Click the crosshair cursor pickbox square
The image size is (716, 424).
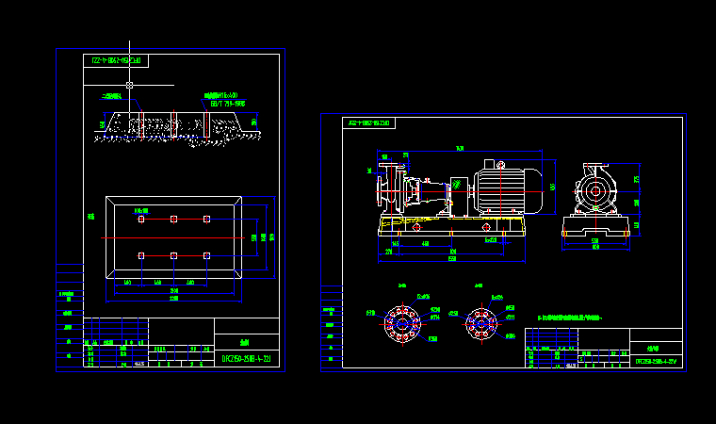129,85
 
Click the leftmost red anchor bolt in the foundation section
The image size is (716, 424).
140,126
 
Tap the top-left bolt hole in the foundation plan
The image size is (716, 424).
140,219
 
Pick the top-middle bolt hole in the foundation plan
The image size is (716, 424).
173,219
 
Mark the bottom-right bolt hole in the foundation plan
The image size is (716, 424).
206,255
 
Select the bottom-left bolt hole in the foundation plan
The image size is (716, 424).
140,255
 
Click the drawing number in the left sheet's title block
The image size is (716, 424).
246,359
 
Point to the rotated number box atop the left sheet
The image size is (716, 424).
116,61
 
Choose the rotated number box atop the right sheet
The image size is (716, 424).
370,123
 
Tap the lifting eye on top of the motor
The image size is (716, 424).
490,163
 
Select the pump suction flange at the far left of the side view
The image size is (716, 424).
381,189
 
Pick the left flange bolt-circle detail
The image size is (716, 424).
402,323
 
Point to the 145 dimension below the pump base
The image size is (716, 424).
395,243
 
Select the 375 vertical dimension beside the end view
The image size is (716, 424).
637,180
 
